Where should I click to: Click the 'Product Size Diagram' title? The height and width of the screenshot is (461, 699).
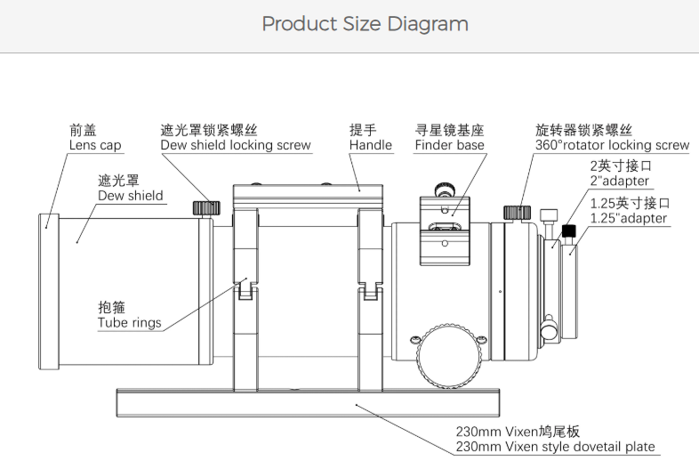tap(365, 24)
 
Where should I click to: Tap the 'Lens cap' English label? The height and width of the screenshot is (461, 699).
tap(95, 145)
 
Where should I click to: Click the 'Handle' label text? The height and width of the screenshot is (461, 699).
tap(370, 145)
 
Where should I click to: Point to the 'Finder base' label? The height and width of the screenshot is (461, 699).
tap(449, 145)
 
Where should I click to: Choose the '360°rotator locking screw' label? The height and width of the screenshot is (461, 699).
tap(612, 145)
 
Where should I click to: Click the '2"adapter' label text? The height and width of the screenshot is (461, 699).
tap(619, 181)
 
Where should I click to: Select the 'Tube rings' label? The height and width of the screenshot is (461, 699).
tap(129, 322)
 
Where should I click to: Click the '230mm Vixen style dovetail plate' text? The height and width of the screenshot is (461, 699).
tap(555, 447)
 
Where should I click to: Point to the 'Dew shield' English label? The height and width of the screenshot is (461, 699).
tap(130, 195)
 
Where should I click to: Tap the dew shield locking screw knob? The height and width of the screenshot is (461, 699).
tap(206, 207)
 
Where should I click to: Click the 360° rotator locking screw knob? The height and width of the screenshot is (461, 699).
tap(517, 212)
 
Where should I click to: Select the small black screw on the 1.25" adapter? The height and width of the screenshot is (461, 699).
tap(569, 231)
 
